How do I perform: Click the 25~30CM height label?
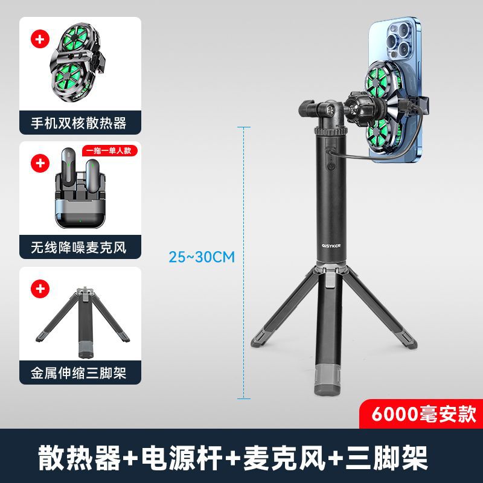201,257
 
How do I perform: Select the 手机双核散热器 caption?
79,123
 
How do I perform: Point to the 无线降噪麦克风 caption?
79,248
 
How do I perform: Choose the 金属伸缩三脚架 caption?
79,373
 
